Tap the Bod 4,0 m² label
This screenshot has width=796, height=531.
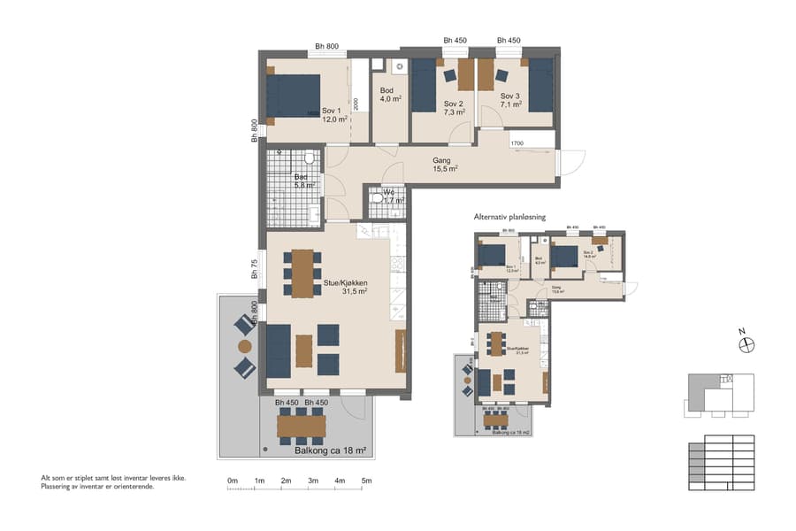(x=389, y=95)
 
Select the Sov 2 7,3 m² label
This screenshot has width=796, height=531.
(x=454, y=108)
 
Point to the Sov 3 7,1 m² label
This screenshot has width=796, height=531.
(x=510, y=99)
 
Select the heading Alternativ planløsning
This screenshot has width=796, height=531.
(x=509, y=217)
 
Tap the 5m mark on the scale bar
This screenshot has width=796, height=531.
(x=366, y=481)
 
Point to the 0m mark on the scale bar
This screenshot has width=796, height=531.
(x=233, y=481)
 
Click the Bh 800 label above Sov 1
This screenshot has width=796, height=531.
(x=327, y=47)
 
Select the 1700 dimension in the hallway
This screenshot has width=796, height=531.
(x=517, y=142)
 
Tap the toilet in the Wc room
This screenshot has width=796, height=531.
(x=378, y=199)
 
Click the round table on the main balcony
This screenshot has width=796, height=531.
(x=244, y=347)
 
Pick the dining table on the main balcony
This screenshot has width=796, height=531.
(x=301, y=427)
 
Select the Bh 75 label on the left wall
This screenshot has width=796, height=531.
(x=254, y=270)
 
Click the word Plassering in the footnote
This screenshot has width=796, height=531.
(x=57, y=486)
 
